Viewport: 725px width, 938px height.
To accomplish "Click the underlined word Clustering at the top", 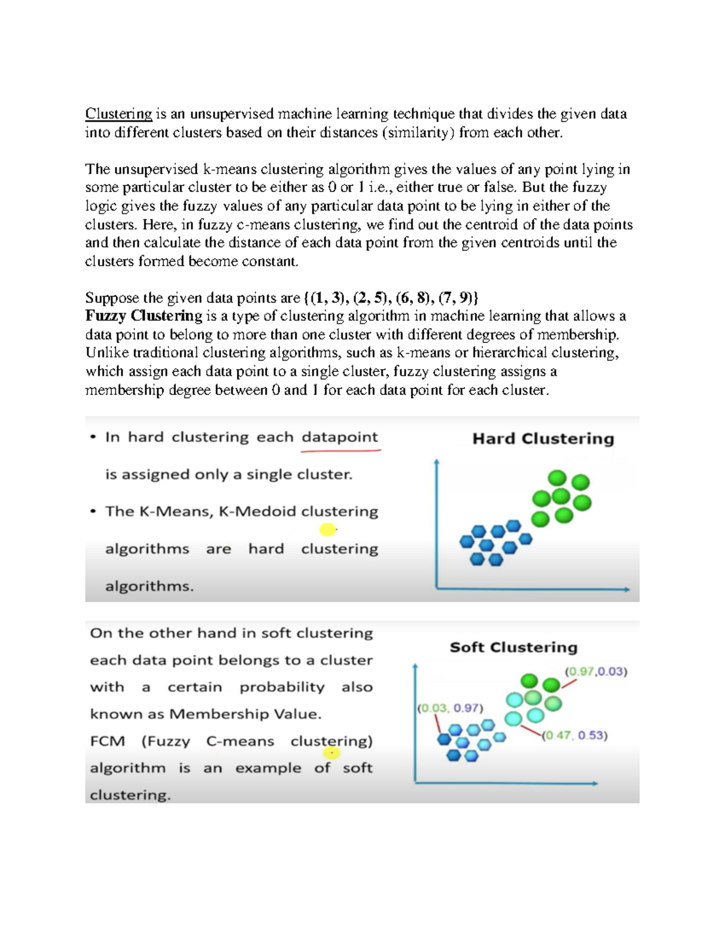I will click(118, 114).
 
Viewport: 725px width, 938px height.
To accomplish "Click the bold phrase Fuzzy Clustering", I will click(143, 316).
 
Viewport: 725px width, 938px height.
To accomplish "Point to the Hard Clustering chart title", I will click(543, 438).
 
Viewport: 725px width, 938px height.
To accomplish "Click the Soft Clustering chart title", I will click(514, 647).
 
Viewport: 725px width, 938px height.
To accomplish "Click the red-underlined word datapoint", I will click(340, 437).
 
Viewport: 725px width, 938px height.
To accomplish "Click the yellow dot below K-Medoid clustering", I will click(327, 530).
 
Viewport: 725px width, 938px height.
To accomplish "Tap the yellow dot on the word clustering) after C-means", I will click(331, 753).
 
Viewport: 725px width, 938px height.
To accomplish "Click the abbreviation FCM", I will click(107, 741).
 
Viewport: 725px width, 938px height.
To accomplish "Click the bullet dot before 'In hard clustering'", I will click(93, 437).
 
